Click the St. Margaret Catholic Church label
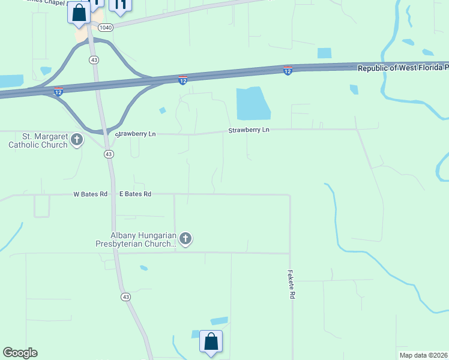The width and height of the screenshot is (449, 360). click(37, 140)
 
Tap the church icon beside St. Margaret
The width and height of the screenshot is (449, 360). click(76, 140)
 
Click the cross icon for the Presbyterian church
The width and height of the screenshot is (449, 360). click(185, 239)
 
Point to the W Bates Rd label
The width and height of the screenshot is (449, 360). click(90, 194)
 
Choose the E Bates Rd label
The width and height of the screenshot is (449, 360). click(135, 194)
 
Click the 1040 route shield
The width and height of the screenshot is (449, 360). click(106, 28)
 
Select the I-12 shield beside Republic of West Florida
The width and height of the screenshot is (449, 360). click(288, 71)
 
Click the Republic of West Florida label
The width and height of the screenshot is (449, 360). click(402, 68)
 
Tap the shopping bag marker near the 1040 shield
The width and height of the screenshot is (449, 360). click(79, 12)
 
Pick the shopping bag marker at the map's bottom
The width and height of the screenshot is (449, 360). click(211, 342)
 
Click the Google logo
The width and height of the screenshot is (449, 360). click(20, 353)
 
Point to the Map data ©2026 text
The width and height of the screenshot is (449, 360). click(424, 355)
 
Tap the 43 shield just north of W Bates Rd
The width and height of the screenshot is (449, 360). click(108, 154)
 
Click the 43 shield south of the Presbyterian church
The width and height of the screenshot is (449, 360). click(125, 297)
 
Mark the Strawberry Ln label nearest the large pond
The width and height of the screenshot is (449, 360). click(249, 130)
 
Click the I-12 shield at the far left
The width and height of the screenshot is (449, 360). click(58, 91)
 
